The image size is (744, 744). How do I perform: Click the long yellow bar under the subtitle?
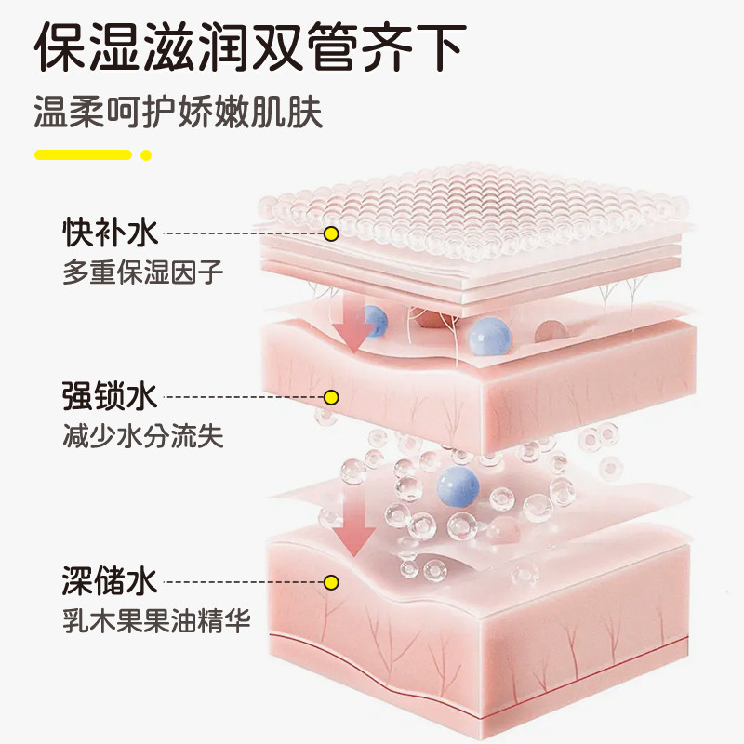[x=83, y=154]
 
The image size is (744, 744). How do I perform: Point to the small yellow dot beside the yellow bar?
[x=145, y=154]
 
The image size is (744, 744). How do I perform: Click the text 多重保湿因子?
[x=143, y=272]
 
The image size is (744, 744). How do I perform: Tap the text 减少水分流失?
[x=143, y=437]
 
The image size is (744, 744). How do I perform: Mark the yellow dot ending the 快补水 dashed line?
[x=330, y=233]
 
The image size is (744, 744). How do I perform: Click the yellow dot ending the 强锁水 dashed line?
[x=330, y=398]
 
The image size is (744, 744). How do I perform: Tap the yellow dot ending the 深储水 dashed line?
[x=330, y=583]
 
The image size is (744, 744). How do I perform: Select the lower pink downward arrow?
[x=353, y=530]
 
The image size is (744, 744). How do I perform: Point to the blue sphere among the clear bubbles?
[x=458, y=485]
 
